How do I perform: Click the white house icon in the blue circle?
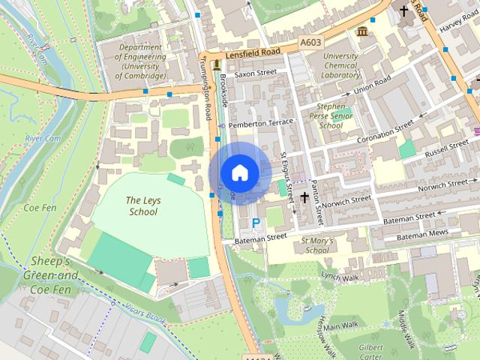click(x=239, y=172)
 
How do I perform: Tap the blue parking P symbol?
click(x=256, y=223)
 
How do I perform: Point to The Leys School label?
click(x=142, y=206)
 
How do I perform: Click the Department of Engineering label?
click(x=142, y=61)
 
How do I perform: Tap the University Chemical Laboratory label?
click(x=340, y=65)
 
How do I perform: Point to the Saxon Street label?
click(x=256, y=74)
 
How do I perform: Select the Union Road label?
click(x=373, y=85)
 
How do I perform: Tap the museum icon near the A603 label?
click(x=363, y=31)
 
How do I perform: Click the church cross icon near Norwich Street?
click(x=304, y=198)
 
